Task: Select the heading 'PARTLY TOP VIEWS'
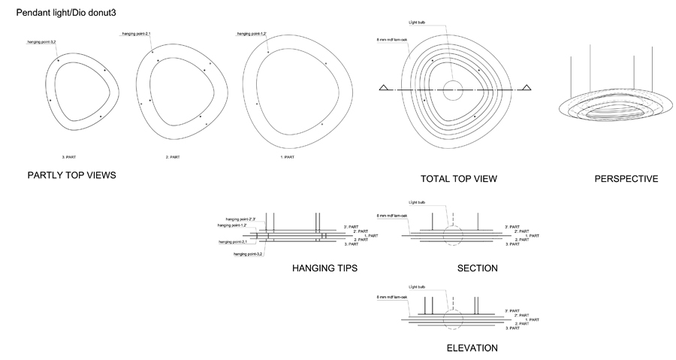pyautogui.click(x=71, y=176)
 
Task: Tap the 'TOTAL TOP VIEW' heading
pyautogui.click(x=459, y=179)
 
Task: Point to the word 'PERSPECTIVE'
pyautogui.click(x=626, y=179)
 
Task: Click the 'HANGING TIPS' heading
pyautogui.click(x=324, y=268)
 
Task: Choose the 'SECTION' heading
pyautogui.click(x=477, y=268)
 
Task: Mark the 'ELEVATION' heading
pyautogui.click(x=472, y=348)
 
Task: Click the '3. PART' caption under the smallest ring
pyautogui.click(x=69, y=156)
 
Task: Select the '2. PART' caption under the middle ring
pyautogui.click(x=173, y=156)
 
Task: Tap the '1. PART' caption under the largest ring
pyautogui.click(x=286, y=156)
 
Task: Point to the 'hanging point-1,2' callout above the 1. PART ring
pyautogui.click(x=252, y=34)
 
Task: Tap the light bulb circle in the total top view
pyautogui.click(x=453, y=90)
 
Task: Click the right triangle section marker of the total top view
pyautogui.click(x=527, y=88)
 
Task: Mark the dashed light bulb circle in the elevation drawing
pyautogui.click(x=452, y=318)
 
